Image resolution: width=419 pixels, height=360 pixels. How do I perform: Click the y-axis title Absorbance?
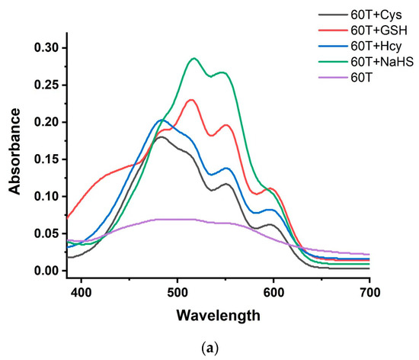click(x=14, y=149)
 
